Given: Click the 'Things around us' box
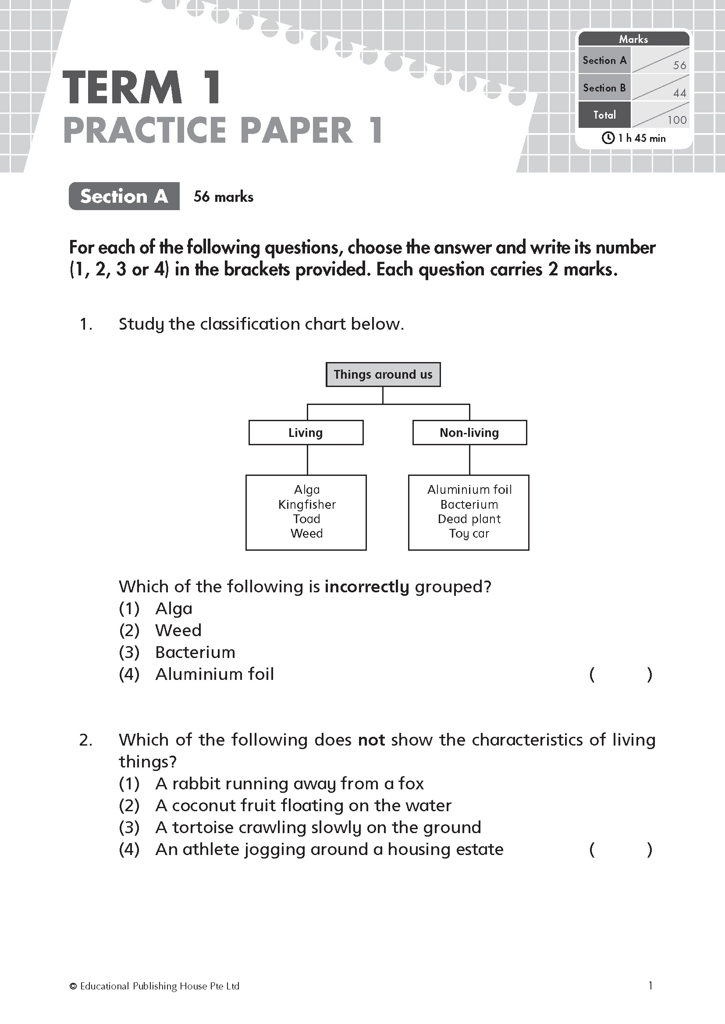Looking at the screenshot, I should click(x=383, y=374).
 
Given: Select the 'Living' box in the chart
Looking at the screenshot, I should click(x=306, y=432).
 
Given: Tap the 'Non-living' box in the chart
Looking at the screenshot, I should click(x=469, y=432).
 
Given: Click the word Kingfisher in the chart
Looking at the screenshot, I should click(x=307, y=504).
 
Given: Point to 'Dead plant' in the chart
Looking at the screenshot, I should click(x=469, y=519).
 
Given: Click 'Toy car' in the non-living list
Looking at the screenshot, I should click(x=469, y=533).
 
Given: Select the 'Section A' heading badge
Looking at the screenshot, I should click(x=124, y=196).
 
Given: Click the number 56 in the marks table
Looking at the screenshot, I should click(x=679, y=66).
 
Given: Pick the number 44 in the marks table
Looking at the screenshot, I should click(x=679, y=93).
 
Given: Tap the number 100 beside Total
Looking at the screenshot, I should click(x=677, y=120).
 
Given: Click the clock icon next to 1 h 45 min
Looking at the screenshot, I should click(x=608, y=138).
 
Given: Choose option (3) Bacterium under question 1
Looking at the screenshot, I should click(x=195, y=652).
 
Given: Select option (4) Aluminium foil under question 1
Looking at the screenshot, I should click(x=214, y=674).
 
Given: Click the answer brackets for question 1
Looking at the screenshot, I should click(x=621, y=674).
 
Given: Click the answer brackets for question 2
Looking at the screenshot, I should click(x=621, y=850).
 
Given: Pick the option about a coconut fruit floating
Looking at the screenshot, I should click(x=303, y=806).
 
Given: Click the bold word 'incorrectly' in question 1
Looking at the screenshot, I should click(x=366, y=587).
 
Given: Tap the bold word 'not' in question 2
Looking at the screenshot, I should click(x=371, y=740).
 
